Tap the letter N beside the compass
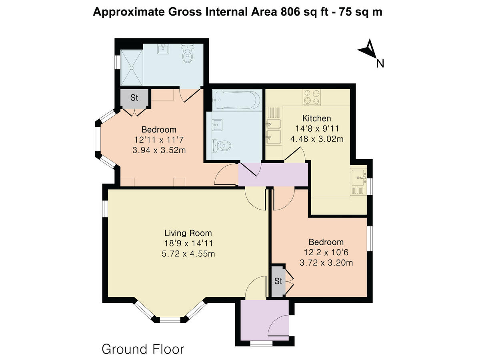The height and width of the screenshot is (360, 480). [x=380, y=63]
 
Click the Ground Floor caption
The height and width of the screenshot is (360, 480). [x=143, y=349]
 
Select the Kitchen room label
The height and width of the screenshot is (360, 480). [x=316, y=118]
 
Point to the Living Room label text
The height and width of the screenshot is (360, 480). [x=188, y=233]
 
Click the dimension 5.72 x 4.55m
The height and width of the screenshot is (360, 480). [x=188, y=254]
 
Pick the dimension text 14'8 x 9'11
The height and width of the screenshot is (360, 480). [x=316, y=129]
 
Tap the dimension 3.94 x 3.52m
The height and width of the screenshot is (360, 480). [x=159, y=150]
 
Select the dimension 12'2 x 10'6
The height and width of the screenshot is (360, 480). [x=326, y=252]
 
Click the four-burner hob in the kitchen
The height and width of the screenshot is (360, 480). [x=312, y=97]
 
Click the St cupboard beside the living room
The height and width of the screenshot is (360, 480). [x=278, y=281]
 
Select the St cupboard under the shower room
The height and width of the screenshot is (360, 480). [x=134, y=98]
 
